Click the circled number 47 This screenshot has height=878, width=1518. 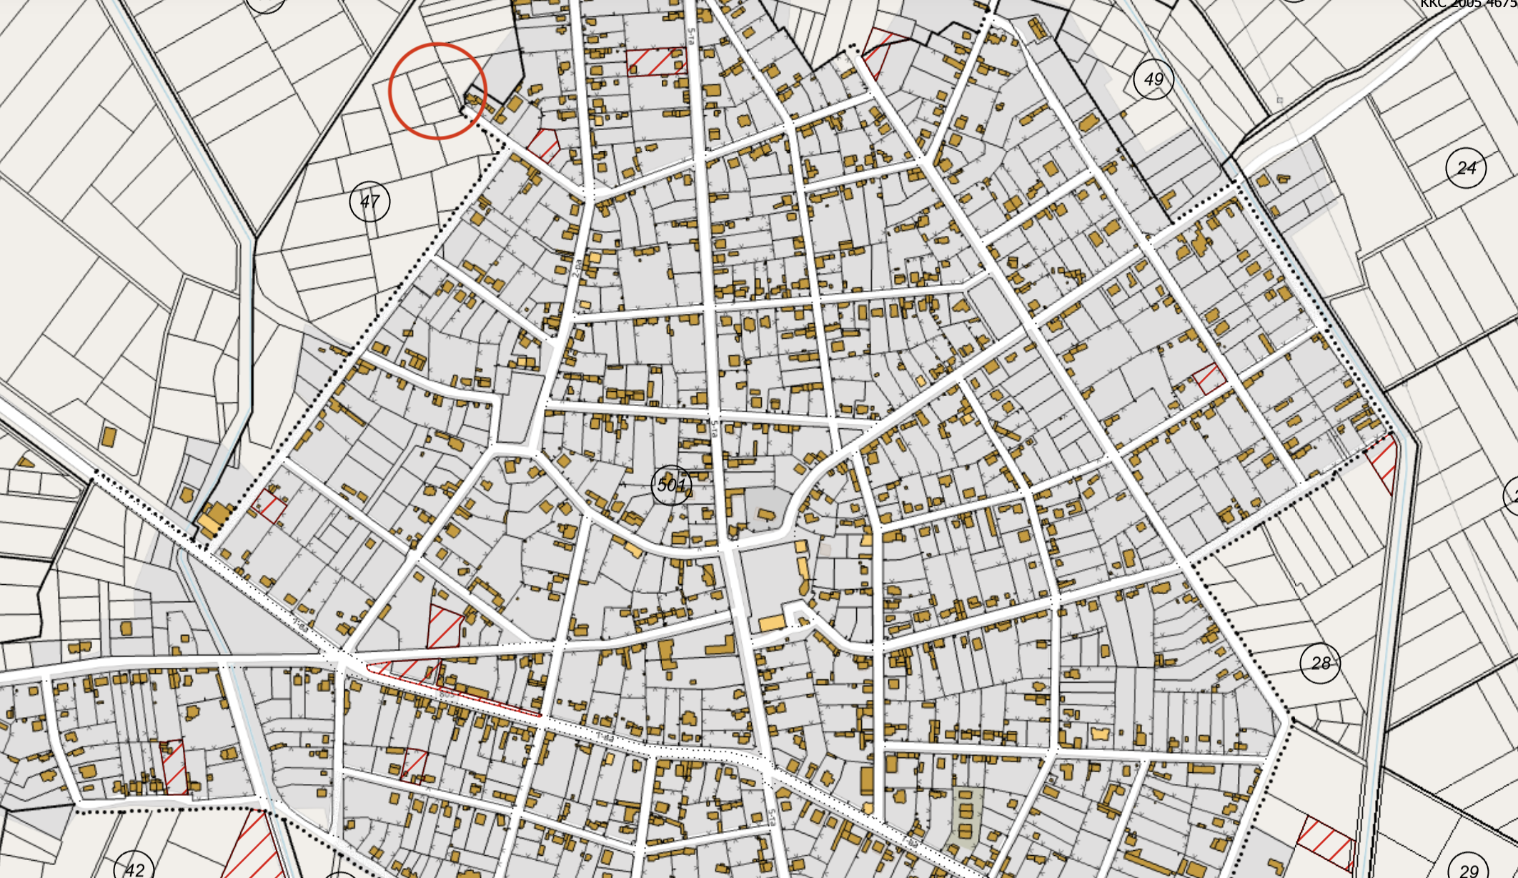click(x=369, y=202)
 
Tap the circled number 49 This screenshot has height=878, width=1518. click(x=1154, y=79)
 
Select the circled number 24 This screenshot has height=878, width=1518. click(x=1466, y=168)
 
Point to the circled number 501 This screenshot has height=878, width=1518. click(x=671, y=485)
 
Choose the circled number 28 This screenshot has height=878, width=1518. click(x=1320, y=664)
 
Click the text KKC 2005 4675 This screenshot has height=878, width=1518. click(x=1468, y=4)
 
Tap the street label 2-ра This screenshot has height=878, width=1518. click(x=577, y=267)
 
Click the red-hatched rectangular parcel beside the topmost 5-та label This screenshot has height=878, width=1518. click(x=656, y=61)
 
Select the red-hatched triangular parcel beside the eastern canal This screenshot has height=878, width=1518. click(x=1385, y=461)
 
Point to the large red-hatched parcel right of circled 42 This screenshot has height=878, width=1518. click(x=254, y=847)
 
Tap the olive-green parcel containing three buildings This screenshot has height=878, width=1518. click(x=966, y=818)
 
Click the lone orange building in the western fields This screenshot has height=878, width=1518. click(x=109, y=436)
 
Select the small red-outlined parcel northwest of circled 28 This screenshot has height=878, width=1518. click(x=1209, y=378)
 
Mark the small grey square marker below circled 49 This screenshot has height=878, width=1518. click(x=1280, y=100)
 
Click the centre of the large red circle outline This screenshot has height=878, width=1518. click(x=437, y=91)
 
